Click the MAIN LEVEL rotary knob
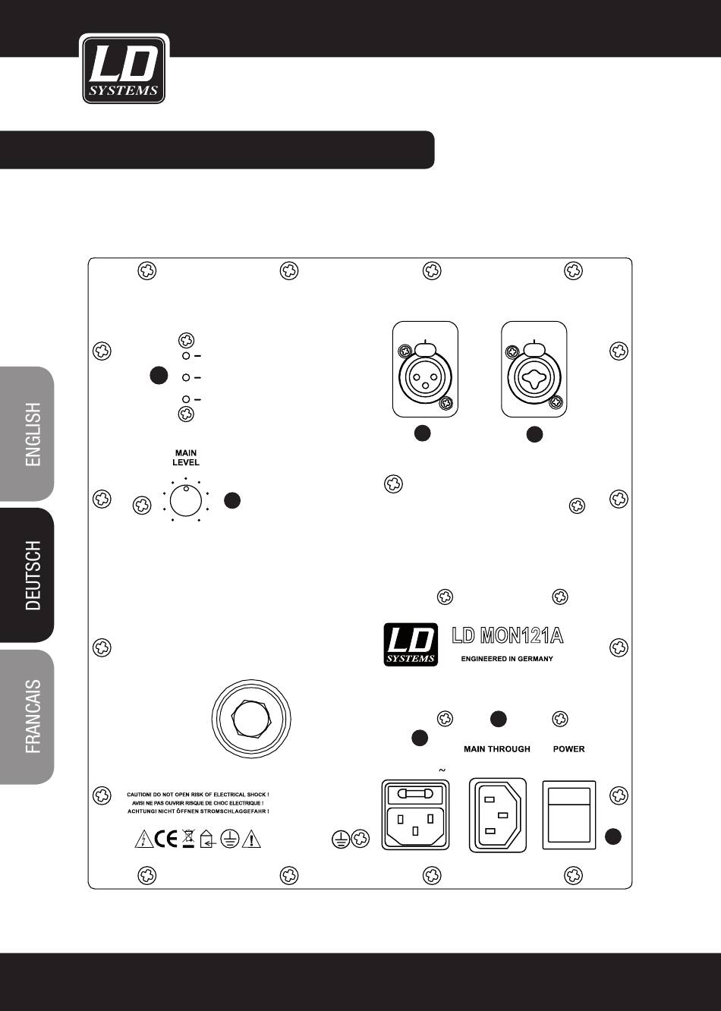pyautogui.click(x=185, y=501)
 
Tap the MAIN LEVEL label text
pyautogui.click(x=186, y=457)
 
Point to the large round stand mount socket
pyautogui.click(x=251, y=718)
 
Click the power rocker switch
pyautogui.click(x=569, y=815)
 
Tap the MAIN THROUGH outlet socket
pyautogui.click(x=498, y=814)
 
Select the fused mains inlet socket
pyautogui.click(x=416, y=814)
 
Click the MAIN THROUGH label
pyautogui.click(x=497, y=749)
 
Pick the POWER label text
pyautogui.click(x=568, y=749)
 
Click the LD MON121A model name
pyautogui.click(x=508, y=635)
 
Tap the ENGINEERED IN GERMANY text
pyautogui.click(x=507, y=659)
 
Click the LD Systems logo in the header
pyautogui.click(x=124, y=69)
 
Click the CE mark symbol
pyautogui.click(x=165, y=839)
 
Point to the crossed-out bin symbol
pyautogui.click(x=188, y=839)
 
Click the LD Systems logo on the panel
pyautogui.click(x=411, y=644)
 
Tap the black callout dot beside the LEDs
pyautogui.click(x=159, y=375)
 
